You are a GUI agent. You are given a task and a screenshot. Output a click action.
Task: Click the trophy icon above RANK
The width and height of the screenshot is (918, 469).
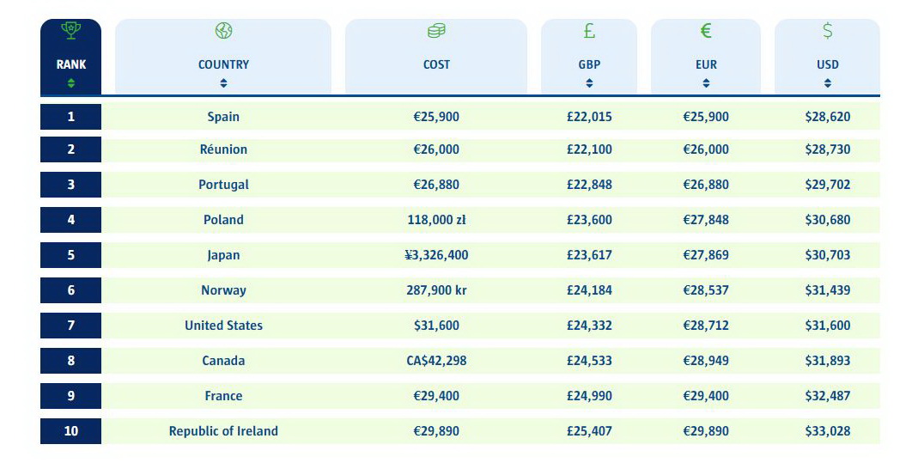click(70, 31)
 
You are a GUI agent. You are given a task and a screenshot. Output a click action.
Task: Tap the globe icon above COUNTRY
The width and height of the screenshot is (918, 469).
click(223, 31)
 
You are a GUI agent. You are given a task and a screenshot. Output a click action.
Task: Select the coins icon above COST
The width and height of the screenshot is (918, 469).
click(436, 31)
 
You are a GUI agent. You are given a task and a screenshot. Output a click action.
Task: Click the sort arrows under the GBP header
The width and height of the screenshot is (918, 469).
click(589, 83)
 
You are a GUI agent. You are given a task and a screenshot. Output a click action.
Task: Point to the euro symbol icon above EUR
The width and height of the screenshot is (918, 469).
click(706, 31)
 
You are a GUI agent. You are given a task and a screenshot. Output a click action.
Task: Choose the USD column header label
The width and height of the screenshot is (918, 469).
click(828, 64)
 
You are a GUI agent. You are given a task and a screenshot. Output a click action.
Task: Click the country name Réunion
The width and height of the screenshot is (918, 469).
click(223, 149)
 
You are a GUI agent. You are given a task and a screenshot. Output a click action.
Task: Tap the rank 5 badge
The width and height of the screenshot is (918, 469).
click(70, 255)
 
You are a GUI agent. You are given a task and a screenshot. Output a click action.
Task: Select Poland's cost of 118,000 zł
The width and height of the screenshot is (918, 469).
click(436, 220)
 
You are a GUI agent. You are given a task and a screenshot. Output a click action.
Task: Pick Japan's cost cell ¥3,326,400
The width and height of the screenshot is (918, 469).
click(436, 255)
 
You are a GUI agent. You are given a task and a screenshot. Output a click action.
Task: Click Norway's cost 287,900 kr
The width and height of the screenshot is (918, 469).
click(436, 290)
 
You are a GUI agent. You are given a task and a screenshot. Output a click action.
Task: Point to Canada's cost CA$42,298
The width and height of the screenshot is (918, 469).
click(436, 361)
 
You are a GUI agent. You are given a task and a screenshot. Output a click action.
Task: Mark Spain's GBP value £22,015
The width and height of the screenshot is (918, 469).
click(589, 117)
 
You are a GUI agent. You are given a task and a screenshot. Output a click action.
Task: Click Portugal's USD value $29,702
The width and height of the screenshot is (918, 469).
click(828, 185)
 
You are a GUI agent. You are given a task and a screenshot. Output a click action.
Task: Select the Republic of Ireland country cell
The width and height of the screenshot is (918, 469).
click(223, 431)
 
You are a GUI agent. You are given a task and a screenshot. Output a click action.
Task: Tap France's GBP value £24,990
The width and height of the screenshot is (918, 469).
click(589, 396)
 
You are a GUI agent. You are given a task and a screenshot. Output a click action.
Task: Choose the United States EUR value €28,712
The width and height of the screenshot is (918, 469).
click(706, 326)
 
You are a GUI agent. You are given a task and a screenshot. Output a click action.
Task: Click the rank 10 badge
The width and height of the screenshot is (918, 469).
click(70, 431)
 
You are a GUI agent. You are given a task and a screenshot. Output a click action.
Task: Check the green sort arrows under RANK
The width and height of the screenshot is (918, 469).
click(71, 83)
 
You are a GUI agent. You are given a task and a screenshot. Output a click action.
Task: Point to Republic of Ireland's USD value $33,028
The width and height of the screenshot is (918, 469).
click(828, 431)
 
